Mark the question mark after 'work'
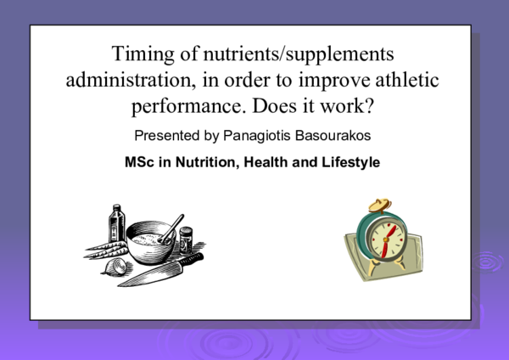[x=373, y=107]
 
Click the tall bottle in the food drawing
[x=116, y=224]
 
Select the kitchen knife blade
[x=157, y=271]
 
